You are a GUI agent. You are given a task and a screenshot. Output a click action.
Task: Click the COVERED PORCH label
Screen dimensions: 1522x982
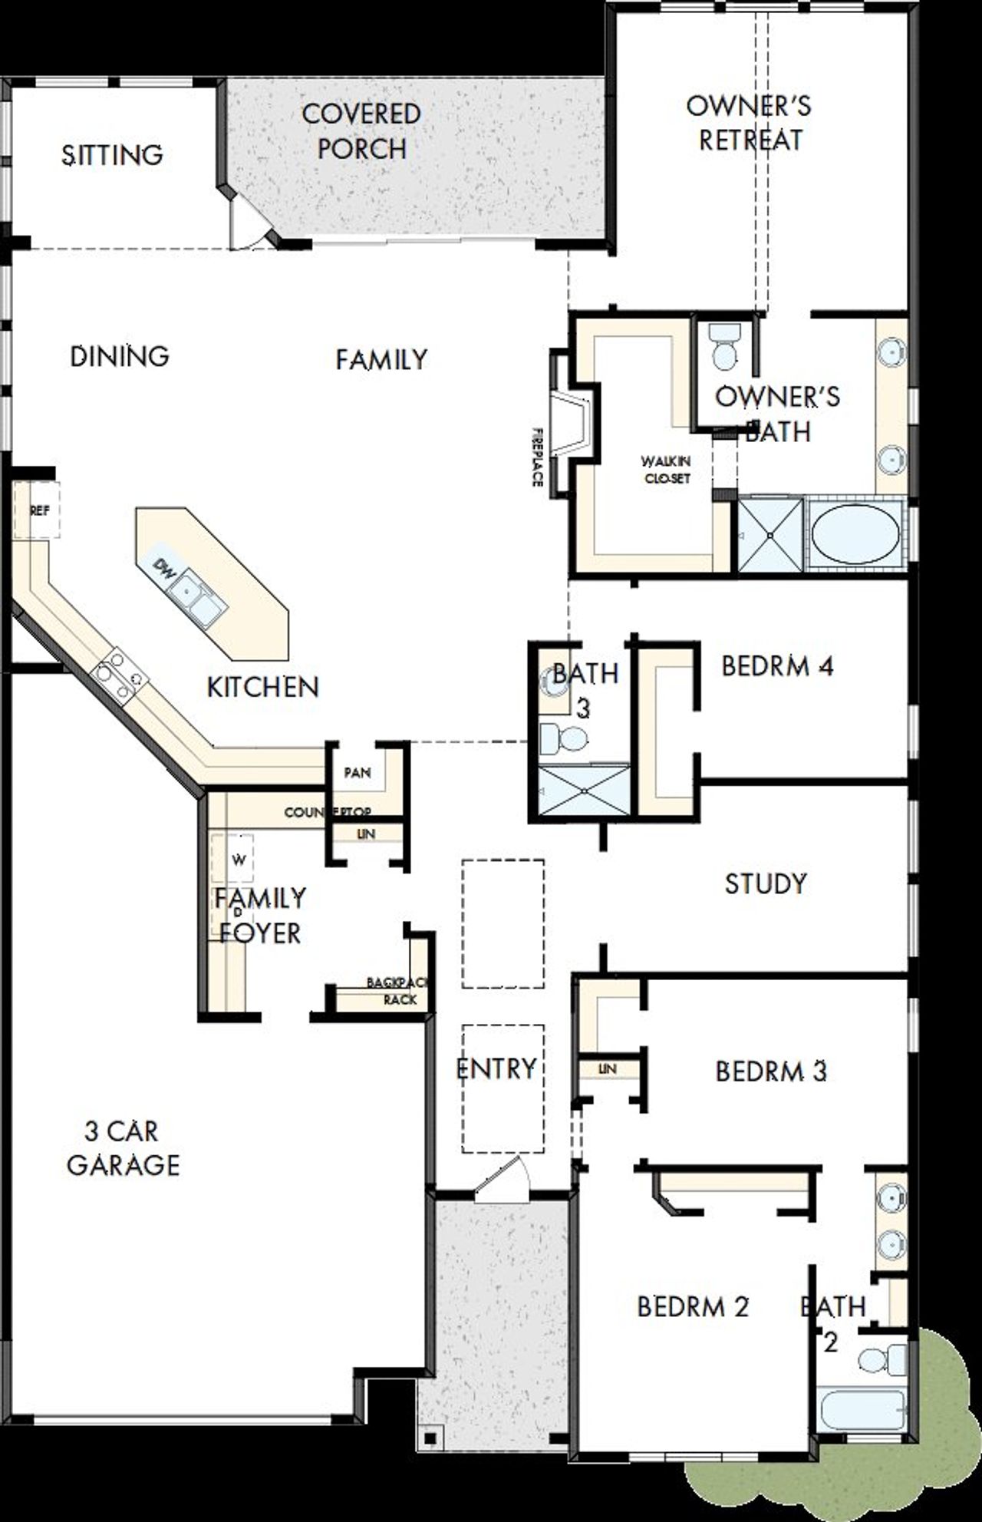pyautogui.click(x=361, y=131)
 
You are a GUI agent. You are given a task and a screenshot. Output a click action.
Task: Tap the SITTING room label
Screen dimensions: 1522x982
pyautogui.click(x=112, y=155)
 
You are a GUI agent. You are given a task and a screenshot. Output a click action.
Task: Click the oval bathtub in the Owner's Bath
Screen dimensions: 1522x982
pyautogui.click(x=855, y=534)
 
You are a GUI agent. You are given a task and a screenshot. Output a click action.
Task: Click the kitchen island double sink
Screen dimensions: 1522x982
pyautogui.click(x=196, y=599)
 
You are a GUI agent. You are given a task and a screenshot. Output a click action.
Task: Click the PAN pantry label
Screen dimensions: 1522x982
pyautogui.click(x=358, y=773)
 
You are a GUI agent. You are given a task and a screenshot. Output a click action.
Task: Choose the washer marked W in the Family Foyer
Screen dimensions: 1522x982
pyautogui.click(x=239, y=860)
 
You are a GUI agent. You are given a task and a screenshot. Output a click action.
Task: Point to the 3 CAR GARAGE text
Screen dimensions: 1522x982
pyautogui.click(x=123, y=1148)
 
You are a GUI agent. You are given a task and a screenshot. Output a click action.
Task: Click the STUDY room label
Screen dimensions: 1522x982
pyautogui.click(x=765, y=883)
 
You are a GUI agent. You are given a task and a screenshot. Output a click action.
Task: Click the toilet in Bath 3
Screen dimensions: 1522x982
pyautogui.click(x=565, y=739)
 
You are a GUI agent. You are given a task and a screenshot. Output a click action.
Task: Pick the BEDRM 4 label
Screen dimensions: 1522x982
pyautogui.click(x=776, y=666)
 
